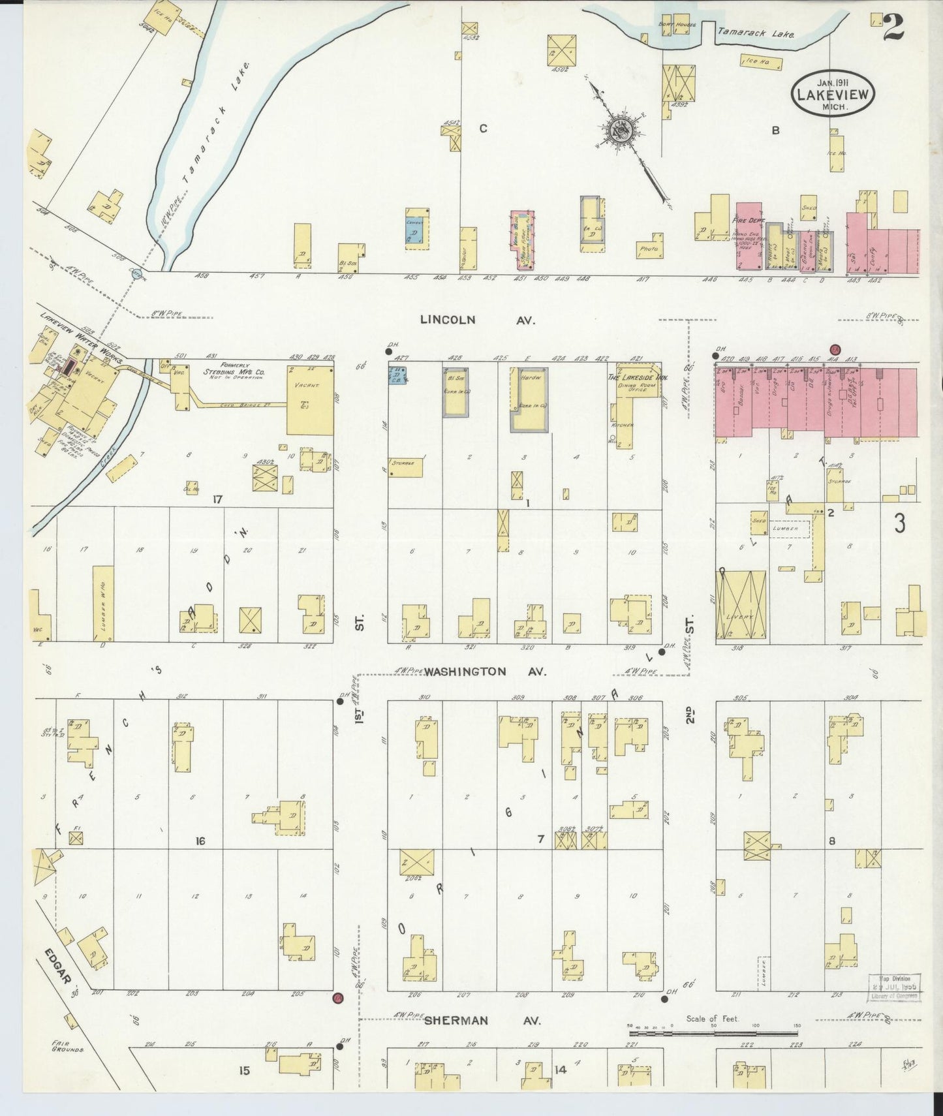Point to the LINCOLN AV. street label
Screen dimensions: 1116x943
[477, 320]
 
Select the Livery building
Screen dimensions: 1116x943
[740, 606]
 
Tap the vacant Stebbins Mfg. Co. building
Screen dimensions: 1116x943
[310, 399]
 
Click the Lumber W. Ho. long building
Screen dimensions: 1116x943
[103, 602]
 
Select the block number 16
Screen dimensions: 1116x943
[200, 841]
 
